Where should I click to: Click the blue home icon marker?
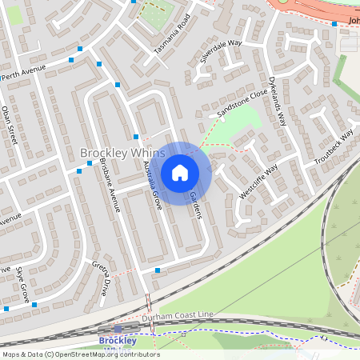click(x=180, y=172)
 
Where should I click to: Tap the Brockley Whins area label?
click(x=122, y=152)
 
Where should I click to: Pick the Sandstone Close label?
click(x=242, y=103)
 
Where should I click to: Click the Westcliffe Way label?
click(x=258, y=182)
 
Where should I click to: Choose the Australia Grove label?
click(x=152, y=185)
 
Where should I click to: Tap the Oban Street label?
click(x=10, y=124)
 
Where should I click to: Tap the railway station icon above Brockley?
click(x=118, y=329)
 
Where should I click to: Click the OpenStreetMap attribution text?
click(x=80, y=354)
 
